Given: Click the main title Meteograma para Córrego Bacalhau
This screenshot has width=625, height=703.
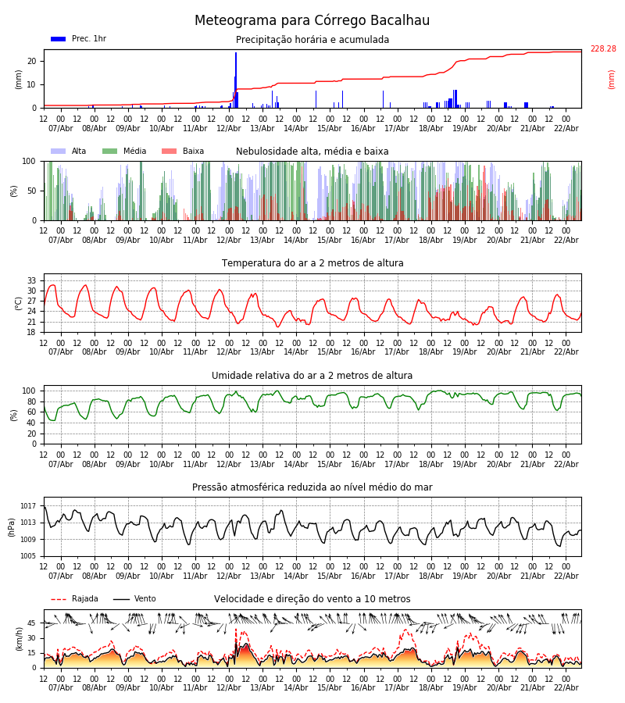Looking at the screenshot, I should pos(312,21).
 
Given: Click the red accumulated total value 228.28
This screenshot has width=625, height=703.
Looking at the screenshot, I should pos(602,49).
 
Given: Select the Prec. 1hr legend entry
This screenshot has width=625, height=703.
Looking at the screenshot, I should pos(78,39).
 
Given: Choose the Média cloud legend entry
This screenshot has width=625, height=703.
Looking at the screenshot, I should pos(123,152).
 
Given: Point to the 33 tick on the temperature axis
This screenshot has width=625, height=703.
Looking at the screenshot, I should pos(32,280).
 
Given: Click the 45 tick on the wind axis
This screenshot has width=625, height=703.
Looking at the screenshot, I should pos(32,623).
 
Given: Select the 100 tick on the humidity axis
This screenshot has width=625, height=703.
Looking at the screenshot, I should pos(29,391).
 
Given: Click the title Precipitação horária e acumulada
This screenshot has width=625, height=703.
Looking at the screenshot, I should pos(312,40).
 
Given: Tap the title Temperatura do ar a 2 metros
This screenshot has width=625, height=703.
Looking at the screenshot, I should pos(312,263).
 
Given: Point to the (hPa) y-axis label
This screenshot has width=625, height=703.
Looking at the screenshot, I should pos(12,526).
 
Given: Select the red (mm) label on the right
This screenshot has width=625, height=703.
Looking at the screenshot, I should pos(612,79).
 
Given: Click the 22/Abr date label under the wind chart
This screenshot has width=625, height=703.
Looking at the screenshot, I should pos(566,687).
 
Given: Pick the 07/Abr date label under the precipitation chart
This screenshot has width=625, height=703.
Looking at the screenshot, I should pos(61,128).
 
